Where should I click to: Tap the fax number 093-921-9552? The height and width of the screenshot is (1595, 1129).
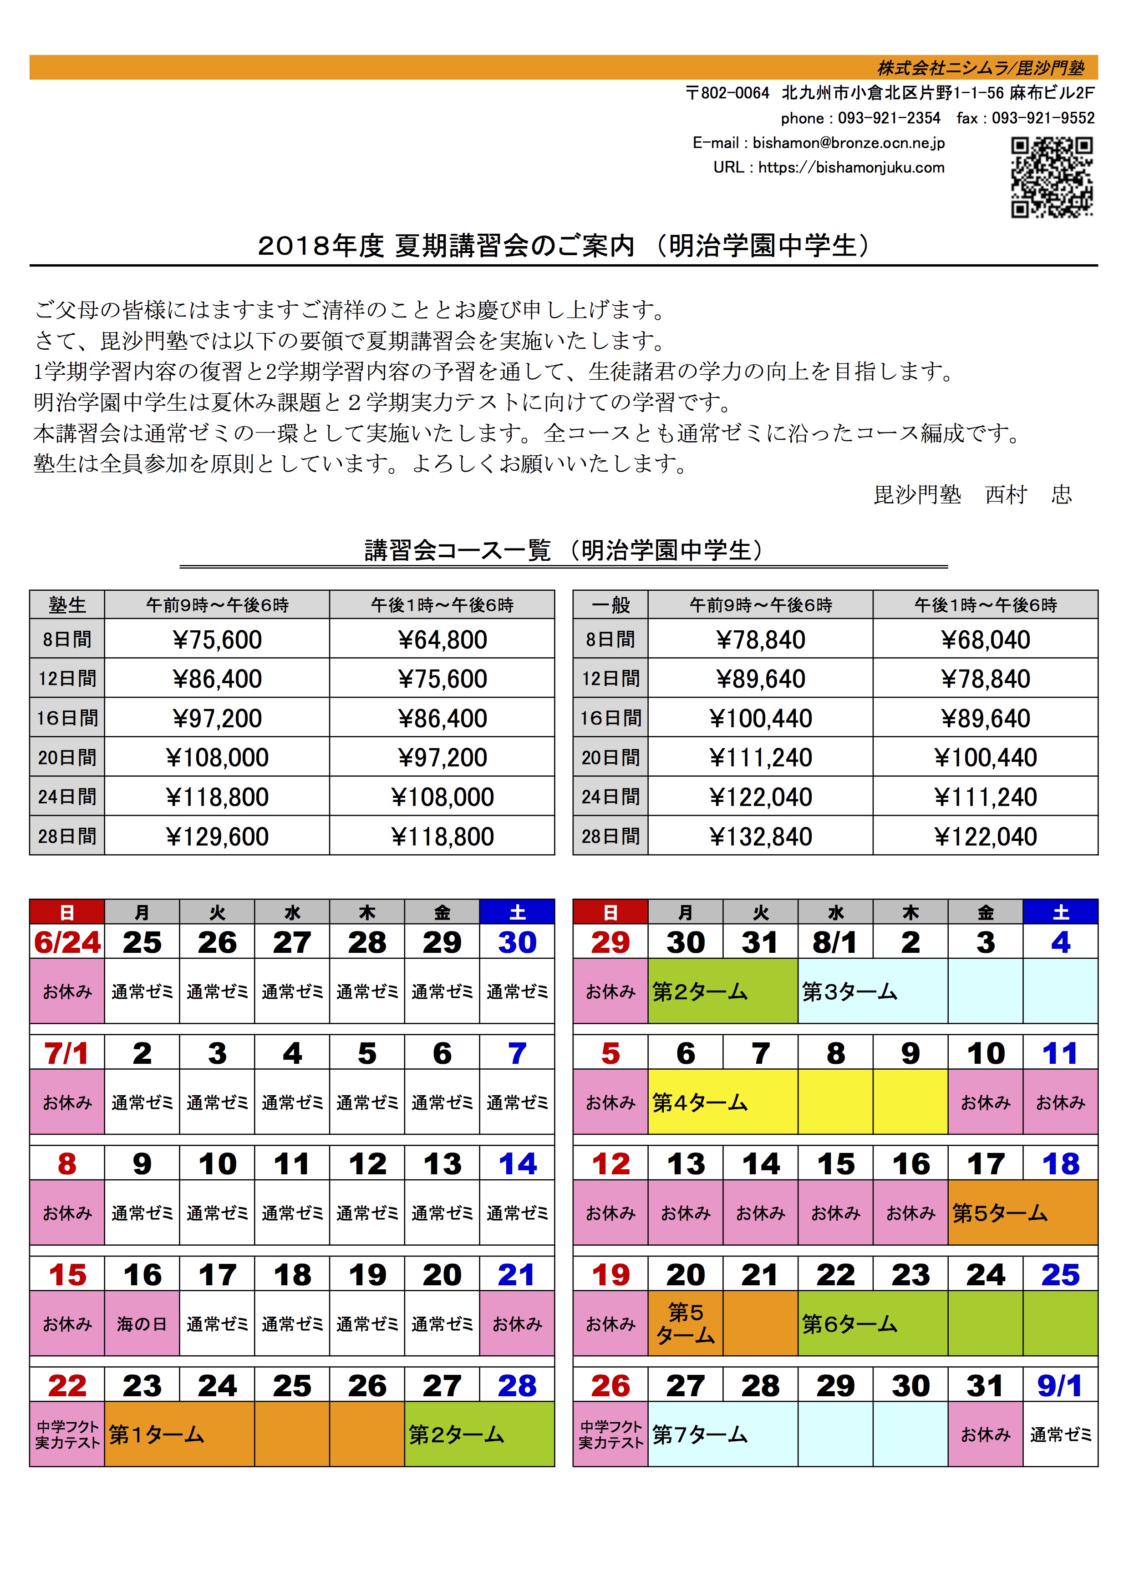pos(1043,118)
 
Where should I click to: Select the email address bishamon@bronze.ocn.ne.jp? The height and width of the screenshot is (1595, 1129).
pos(848,143)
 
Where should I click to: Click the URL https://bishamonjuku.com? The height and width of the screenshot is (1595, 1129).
pos(851,167)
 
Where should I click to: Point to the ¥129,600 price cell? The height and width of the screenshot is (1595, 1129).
pos(217,836)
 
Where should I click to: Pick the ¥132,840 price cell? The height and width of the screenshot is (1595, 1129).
pos(761,836)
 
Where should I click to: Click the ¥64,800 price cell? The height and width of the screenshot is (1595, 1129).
pos(442,639)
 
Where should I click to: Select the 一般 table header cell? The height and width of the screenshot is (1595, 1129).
pos(610,605)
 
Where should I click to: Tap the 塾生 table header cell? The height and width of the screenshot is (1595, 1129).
pos(67,605)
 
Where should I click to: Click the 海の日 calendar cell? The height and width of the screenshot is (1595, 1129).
pos(142,1324)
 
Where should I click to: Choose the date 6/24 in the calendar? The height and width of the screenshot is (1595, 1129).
pos(67,943)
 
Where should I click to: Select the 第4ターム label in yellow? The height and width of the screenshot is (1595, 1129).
pos(699,1102)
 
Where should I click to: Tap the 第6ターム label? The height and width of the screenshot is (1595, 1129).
pos(849,1324)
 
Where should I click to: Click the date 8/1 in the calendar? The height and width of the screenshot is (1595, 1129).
pos(835,943)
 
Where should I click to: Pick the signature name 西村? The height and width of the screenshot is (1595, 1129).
pos(1006,495)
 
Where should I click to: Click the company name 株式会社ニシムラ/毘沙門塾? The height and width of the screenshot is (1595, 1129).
pos(980,67)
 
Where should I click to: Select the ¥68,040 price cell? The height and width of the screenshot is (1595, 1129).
pos(985,639)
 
